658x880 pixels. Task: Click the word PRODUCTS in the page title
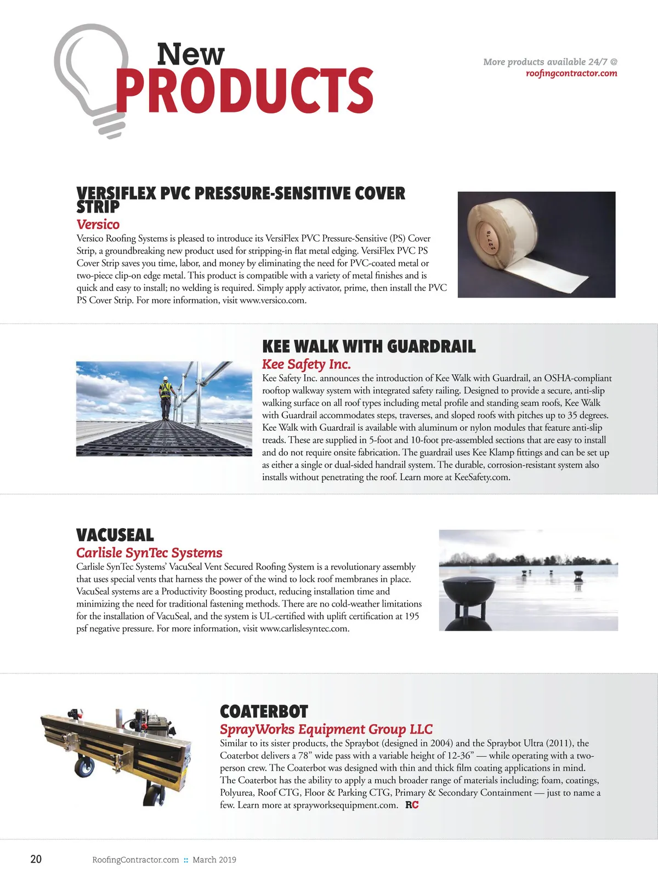[244, 90]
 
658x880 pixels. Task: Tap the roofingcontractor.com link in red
[571, 73]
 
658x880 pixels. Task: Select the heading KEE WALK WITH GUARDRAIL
[368, 347]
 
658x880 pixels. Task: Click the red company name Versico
[98, 225]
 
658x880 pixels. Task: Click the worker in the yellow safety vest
[165, 397]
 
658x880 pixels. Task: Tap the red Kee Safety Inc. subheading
[306, 364]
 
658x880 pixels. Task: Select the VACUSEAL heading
[115, 535]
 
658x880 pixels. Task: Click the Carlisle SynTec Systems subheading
[149, 553]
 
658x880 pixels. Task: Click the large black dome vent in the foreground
[467, 595]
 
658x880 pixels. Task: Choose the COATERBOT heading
[264, 712]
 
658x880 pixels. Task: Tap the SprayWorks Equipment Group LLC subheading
[326, 729]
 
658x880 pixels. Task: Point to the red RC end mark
[412, 805]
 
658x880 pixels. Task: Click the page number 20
[36, 859]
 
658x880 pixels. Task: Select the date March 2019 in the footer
[214, 860]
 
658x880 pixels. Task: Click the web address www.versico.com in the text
[272, 300]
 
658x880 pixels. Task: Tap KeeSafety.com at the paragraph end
[481, 477]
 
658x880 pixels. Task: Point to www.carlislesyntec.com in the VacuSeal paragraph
[304, 628]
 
